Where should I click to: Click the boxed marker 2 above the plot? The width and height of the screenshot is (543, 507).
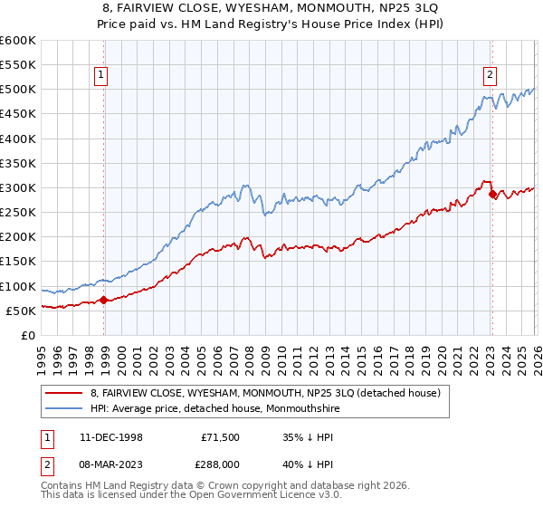(490, 75)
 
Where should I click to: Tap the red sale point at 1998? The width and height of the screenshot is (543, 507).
(104, 300)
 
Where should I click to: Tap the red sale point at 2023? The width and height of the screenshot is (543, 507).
(492, 194)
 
